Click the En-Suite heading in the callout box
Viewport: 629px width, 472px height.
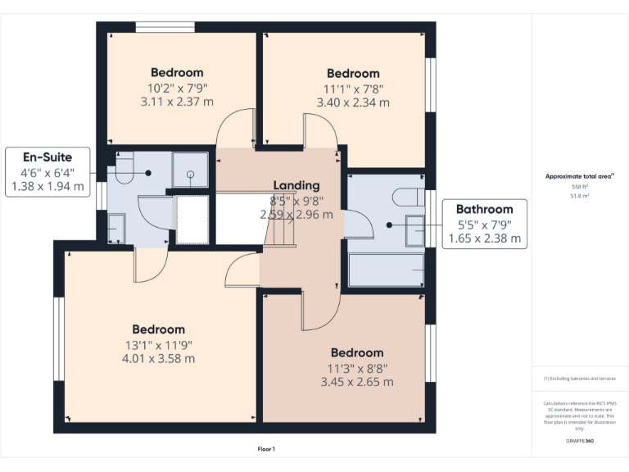pos(47,157)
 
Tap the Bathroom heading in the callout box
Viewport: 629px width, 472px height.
pos(484,209)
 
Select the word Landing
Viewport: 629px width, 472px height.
pos(296,185)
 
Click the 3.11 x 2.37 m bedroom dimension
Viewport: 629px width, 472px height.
pos(177,102)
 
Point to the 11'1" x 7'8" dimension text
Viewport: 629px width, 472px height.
pos(353,88)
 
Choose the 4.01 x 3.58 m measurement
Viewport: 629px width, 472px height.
pos(159,358)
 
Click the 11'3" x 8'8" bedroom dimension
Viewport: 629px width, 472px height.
pos(356,368)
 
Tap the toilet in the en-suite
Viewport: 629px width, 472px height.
pos(124,170)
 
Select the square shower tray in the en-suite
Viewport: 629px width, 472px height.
pos(190,170)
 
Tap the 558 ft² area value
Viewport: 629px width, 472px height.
pos(579,187)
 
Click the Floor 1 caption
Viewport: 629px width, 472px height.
pos(266,449)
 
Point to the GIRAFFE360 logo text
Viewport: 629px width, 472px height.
pos(579,441)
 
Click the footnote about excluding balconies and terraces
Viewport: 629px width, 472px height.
pos(579,379)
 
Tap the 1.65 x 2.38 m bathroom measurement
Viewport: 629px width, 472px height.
pos(484,239)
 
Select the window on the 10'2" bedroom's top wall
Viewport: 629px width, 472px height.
pos(165,27)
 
